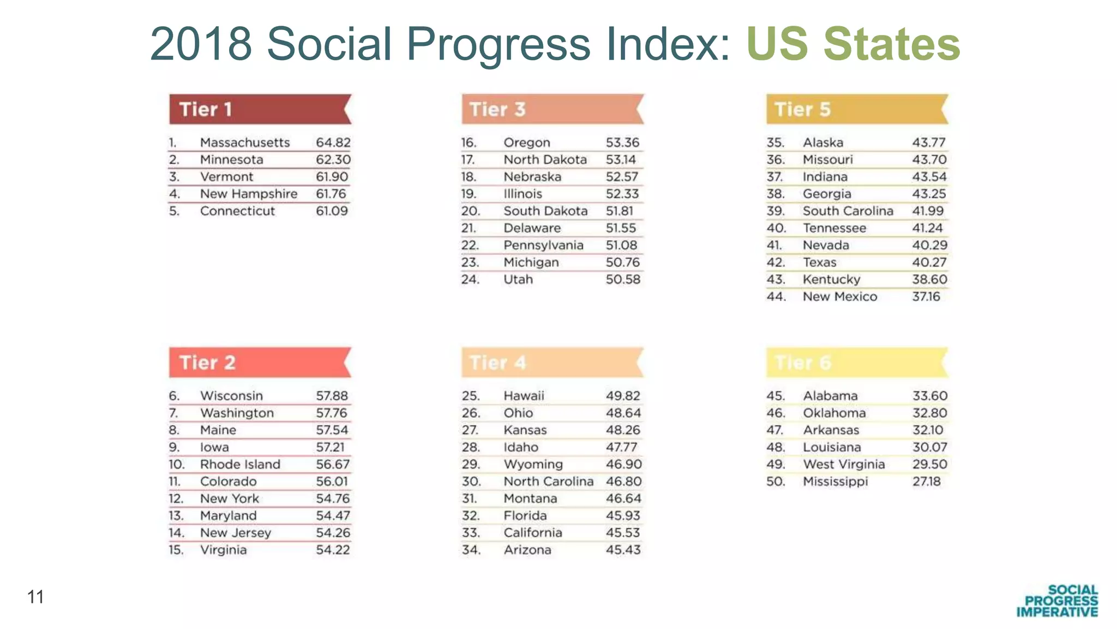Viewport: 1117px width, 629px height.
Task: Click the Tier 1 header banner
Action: pyautogui.click(x=260, y=109)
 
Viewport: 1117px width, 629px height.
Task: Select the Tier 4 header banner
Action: pyautogui.click(x=552, y=363)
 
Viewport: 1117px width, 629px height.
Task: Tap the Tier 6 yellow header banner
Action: pyautogui.click(x=856, y=363)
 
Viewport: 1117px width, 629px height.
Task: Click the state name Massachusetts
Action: pyautogui.click(x=245, y=143)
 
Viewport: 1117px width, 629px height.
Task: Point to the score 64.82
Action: pyautogui.click(x=333, y=143)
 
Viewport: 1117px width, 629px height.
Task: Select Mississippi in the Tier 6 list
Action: pyautogui.click(x=835, y=482)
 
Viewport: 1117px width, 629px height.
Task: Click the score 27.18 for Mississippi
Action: pyautogui.click(x=926, y=482)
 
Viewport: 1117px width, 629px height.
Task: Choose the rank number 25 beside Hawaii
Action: pyautogui.click(x=470, y=396)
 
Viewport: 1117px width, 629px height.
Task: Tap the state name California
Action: pyautogui.click(x=532, y=533)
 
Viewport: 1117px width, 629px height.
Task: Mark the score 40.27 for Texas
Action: pyautogui.click(x=929, y=263)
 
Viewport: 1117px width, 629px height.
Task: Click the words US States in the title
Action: pyautogui.click(x=852, y=44)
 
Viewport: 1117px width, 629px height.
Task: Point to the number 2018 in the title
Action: pyautogui.click(x=201, y=44)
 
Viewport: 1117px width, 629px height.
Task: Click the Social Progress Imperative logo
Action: pyautogui.click(x=1057, y=601)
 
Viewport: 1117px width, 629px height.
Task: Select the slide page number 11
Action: pyautogui.click(x=35, y=597)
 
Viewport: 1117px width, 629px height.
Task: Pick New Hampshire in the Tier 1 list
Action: pyautogui.click(x=249, y=194)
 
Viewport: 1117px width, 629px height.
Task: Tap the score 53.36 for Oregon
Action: pyautogui.click(x=622, y=143)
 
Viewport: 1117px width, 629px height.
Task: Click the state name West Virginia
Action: pyautogui.click(x=843, y=465)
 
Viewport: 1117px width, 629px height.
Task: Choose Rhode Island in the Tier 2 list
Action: pyautogui.click(x=240, y=465)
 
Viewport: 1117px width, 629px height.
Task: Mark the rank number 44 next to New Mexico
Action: pyautogui.click(x=776, y=297)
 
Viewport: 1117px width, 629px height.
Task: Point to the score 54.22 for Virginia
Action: pyautogui.click(x=333, y=550)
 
